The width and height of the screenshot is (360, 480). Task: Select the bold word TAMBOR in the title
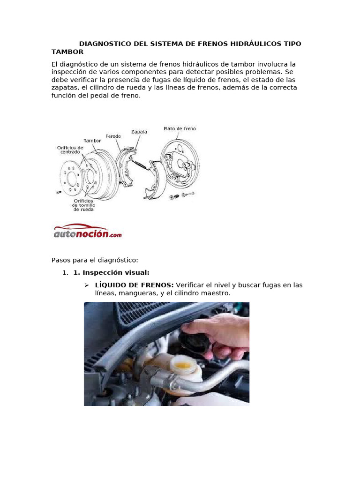[67, 52]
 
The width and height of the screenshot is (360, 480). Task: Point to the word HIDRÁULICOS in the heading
[255, 44]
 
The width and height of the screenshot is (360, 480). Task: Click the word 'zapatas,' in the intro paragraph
[65, 88]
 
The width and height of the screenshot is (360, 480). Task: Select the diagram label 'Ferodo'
[112, 136]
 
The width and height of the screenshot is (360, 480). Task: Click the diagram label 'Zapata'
[139, 132]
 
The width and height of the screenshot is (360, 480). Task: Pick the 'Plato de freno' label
[180, 128]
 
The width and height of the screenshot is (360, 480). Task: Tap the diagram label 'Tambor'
[92, 140]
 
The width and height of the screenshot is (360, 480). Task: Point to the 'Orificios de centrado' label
[70, 150]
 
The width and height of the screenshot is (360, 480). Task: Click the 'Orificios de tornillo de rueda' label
[82, 205]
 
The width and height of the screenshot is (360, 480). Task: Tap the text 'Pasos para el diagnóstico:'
[95, 260]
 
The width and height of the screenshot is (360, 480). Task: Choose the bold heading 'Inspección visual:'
[112, 272]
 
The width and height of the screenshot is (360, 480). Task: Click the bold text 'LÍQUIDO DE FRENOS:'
[134, 285]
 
